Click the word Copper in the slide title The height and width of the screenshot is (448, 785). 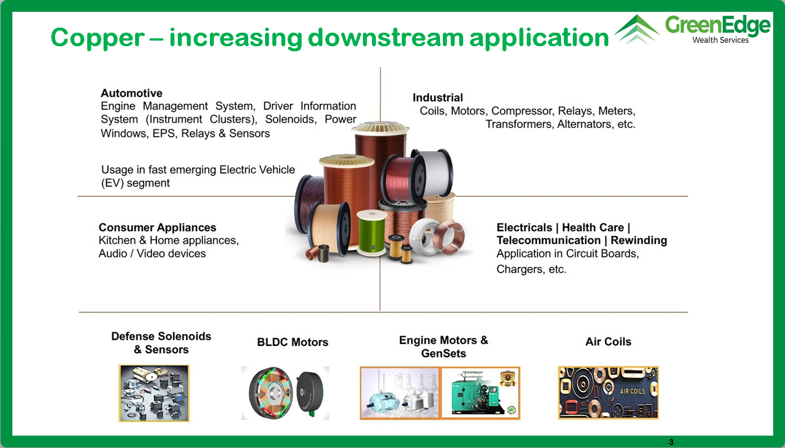[97, 38]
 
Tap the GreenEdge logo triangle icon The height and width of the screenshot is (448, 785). [637, 29]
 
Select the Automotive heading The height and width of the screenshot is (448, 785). [132, 93]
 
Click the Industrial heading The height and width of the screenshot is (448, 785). [437, 97]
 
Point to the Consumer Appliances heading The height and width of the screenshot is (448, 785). [158, 227]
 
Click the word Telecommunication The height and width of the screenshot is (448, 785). [549, 240]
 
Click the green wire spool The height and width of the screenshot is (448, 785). [371, 232]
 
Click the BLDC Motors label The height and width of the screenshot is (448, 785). [293, 342]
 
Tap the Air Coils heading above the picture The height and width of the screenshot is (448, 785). [608, 341]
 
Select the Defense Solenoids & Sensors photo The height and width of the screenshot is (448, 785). [154, 393]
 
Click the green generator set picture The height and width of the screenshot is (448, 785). [481, 393]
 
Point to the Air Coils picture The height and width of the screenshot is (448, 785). [608, 393]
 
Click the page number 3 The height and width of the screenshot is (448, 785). [671, 442]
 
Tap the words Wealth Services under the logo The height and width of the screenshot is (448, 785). [720, 40]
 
